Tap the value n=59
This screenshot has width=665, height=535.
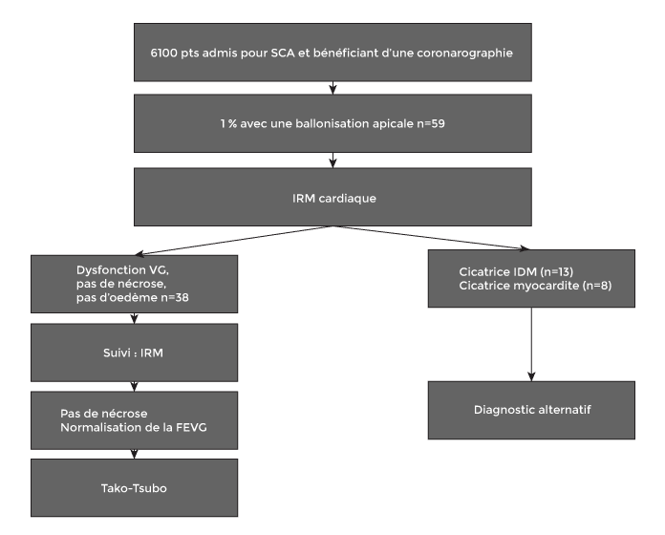[x=431, y=124]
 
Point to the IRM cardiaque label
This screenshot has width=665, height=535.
[x=334, y=199]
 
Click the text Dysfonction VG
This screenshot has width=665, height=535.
[x=122, y=270]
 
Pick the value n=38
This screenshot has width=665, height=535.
[x=175, y=298]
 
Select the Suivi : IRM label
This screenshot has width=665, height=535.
[x=133, y=353]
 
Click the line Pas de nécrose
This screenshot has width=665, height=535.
[x=104, y=414]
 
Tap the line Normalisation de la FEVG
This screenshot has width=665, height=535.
[x=134, y=427]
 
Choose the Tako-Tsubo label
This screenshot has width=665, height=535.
[x=134, y=488]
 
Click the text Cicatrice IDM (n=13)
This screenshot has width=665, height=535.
[x=516, y=271]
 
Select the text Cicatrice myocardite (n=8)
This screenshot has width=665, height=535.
[x=535, y=286]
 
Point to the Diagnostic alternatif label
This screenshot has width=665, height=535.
[x=532, y=410]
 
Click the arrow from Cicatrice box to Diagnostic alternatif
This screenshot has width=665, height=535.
[x=531, y=344]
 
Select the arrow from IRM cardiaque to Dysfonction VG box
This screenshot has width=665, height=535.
[x=234, y=241]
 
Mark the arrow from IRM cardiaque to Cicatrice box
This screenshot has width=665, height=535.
[x=431, y=238]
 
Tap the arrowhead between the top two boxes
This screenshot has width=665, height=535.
[x=332, y=89]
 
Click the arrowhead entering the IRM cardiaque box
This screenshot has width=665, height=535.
[x=332, y=162]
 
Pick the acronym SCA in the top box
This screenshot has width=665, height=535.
[x=283, y=53]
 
